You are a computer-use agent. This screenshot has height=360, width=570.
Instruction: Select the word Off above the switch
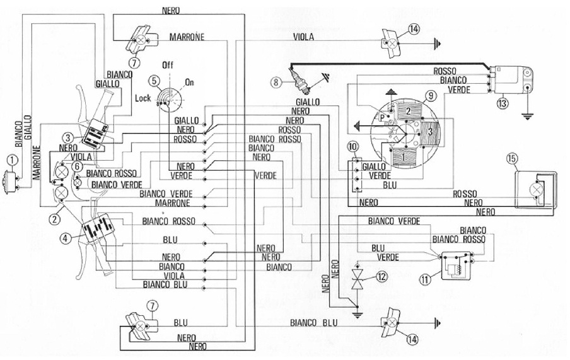click(168, 65)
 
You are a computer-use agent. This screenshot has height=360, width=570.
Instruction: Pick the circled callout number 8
click(275, 81)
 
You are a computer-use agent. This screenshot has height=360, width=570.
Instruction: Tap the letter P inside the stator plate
click(382, 118)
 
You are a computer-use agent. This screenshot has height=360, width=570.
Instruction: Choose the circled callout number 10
click(352, 146)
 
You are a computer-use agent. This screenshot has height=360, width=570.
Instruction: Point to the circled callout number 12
click(381, 276)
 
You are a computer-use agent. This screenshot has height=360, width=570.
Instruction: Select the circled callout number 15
click(511, 159)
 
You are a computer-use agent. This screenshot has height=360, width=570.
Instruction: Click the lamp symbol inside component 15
click(537, 189)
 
